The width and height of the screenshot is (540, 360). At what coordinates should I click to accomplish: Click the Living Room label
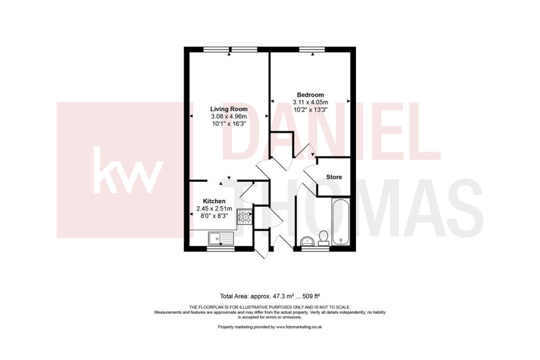point(229,109)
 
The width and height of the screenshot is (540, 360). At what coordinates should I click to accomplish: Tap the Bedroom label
point(310,95)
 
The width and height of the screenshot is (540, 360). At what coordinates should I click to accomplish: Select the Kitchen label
point(215,201)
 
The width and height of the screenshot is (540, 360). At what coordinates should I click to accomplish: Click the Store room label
point(334,177)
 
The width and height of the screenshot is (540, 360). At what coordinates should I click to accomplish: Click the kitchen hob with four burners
point(245,217)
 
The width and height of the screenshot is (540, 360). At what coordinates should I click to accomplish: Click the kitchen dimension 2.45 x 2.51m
point(215,209)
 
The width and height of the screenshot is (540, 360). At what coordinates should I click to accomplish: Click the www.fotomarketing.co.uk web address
point(299,327)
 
